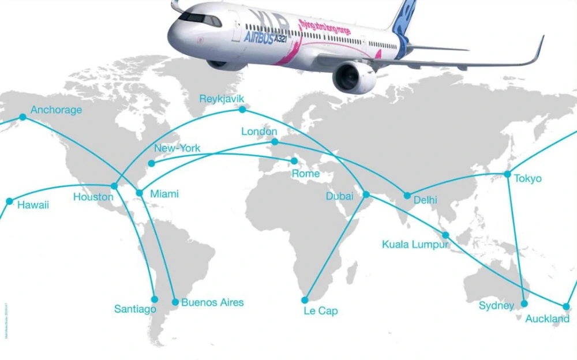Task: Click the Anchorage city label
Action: pyautogui.click(x=56, y=110)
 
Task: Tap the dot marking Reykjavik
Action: pyautogui.click(x=242, y=108)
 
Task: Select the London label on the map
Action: pyautogui.click(x=259, y=132)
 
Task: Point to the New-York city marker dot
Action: pyautogui.click(x=152, y=163)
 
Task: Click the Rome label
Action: pyautogui.click(x=305, y=174)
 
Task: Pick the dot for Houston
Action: pyautogui.click(x=114, y=186)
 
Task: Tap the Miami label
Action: pyautogui.click(x=164, y=194)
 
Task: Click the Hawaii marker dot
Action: pyautogui.click(x=9, y=201)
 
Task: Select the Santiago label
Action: pyautogui.click(x=135, y=309)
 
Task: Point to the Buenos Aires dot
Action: pyautogui.click(x=175, y=302)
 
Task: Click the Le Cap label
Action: pyautogui.click(x=320, y=311)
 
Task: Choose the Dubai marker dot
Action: pyautogui.click(x=366, y=194)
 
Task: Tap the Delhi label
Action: pyautogui.click(x=425, y=200)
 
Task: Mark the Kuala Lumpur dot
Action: pyautogui.click(x=445, y=235)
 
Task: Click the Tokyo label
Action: pyautogui.click(x=527, y=178)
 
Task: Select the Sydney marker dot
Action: pyautogui.click(x=524, y=303)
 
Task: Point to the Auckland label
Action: pyautogui.click(x=547, y=319)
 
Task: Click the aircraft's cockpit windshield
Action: pyautogui.click(x=200, y=18)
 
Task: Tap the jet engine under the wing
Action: pyautogui.click(x=354, y=77)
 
